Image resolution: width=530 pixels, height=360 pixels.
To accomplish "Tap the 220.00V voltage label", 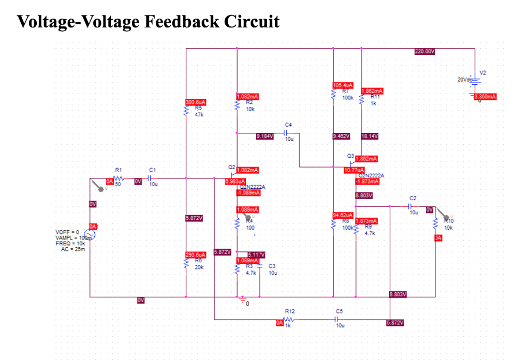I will pyautogui.click(x=425, y=52).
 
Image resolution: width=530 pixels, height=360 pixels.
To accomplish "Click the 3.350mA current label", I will pyautogui.click(x=485, y=97).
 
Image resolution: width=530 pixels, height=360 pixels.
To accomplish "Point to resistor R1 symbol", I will pyautogui.click(x=118, y=178).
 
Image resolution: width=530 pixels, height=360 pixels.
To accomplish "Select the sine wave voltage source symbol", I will pyautogui.click(x=90, y=235).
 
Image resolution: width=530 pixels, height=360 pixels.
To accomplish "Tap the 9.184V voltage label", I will pyautogui.click(x=266, y=137).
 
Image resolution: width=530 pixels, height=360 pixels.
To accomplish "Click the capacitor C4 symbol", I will pyautogui.click(x=289, y=132).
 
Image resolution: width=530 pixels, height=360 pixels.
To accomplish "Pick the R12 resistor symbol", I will pyautogui.click(x=290, y=320).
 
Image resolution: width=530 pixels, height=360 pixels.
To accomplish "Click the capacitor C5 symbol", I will pyautogui.click(x=339, y=320).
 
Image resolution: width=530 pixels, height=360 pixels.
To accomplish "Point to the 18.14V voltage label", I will pyautogui.click(x=370, y=137).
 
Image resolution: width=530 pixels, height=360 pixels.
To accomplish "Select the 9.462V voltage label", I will pyautogui.click(x=342, y=137).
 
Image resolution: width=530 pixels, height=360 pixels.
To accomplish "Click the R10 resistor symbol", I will pyautogui.click(x=436, y=224).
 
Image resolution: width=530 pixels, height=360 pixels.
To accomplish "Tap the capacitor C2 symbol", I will pyautogui.click(x=413, y=206).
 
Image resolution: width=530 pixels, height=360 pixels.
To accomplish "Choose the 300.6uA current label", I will pyautogui.click(x=196, y=102).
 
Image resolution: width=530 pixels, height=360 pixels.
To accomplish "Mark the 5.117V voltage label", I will pyautogui.click(x=256, y=254).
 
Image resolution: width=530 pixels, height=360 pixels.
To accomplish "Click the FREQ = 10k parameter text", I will pyautogui.click(x=70, y=243).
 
